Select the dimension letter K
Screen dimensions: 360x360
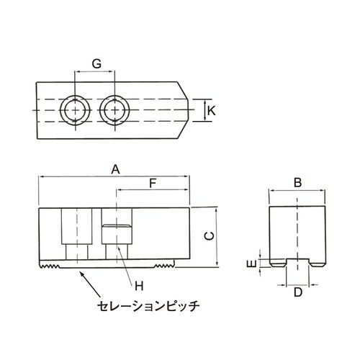pyautogui.click(x=211, y=110)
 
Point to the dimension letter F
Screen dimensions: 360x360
pyautogui.click(x=152, y=184)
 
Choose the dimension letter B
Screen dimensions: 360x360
pyautogui.click(x=297, y=183)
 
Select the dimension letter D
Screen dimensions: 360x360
pyautogui.click(x=297, y=292)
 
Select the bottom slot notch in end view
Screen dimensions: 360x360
pyautogui.click(x=297, y=262)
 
